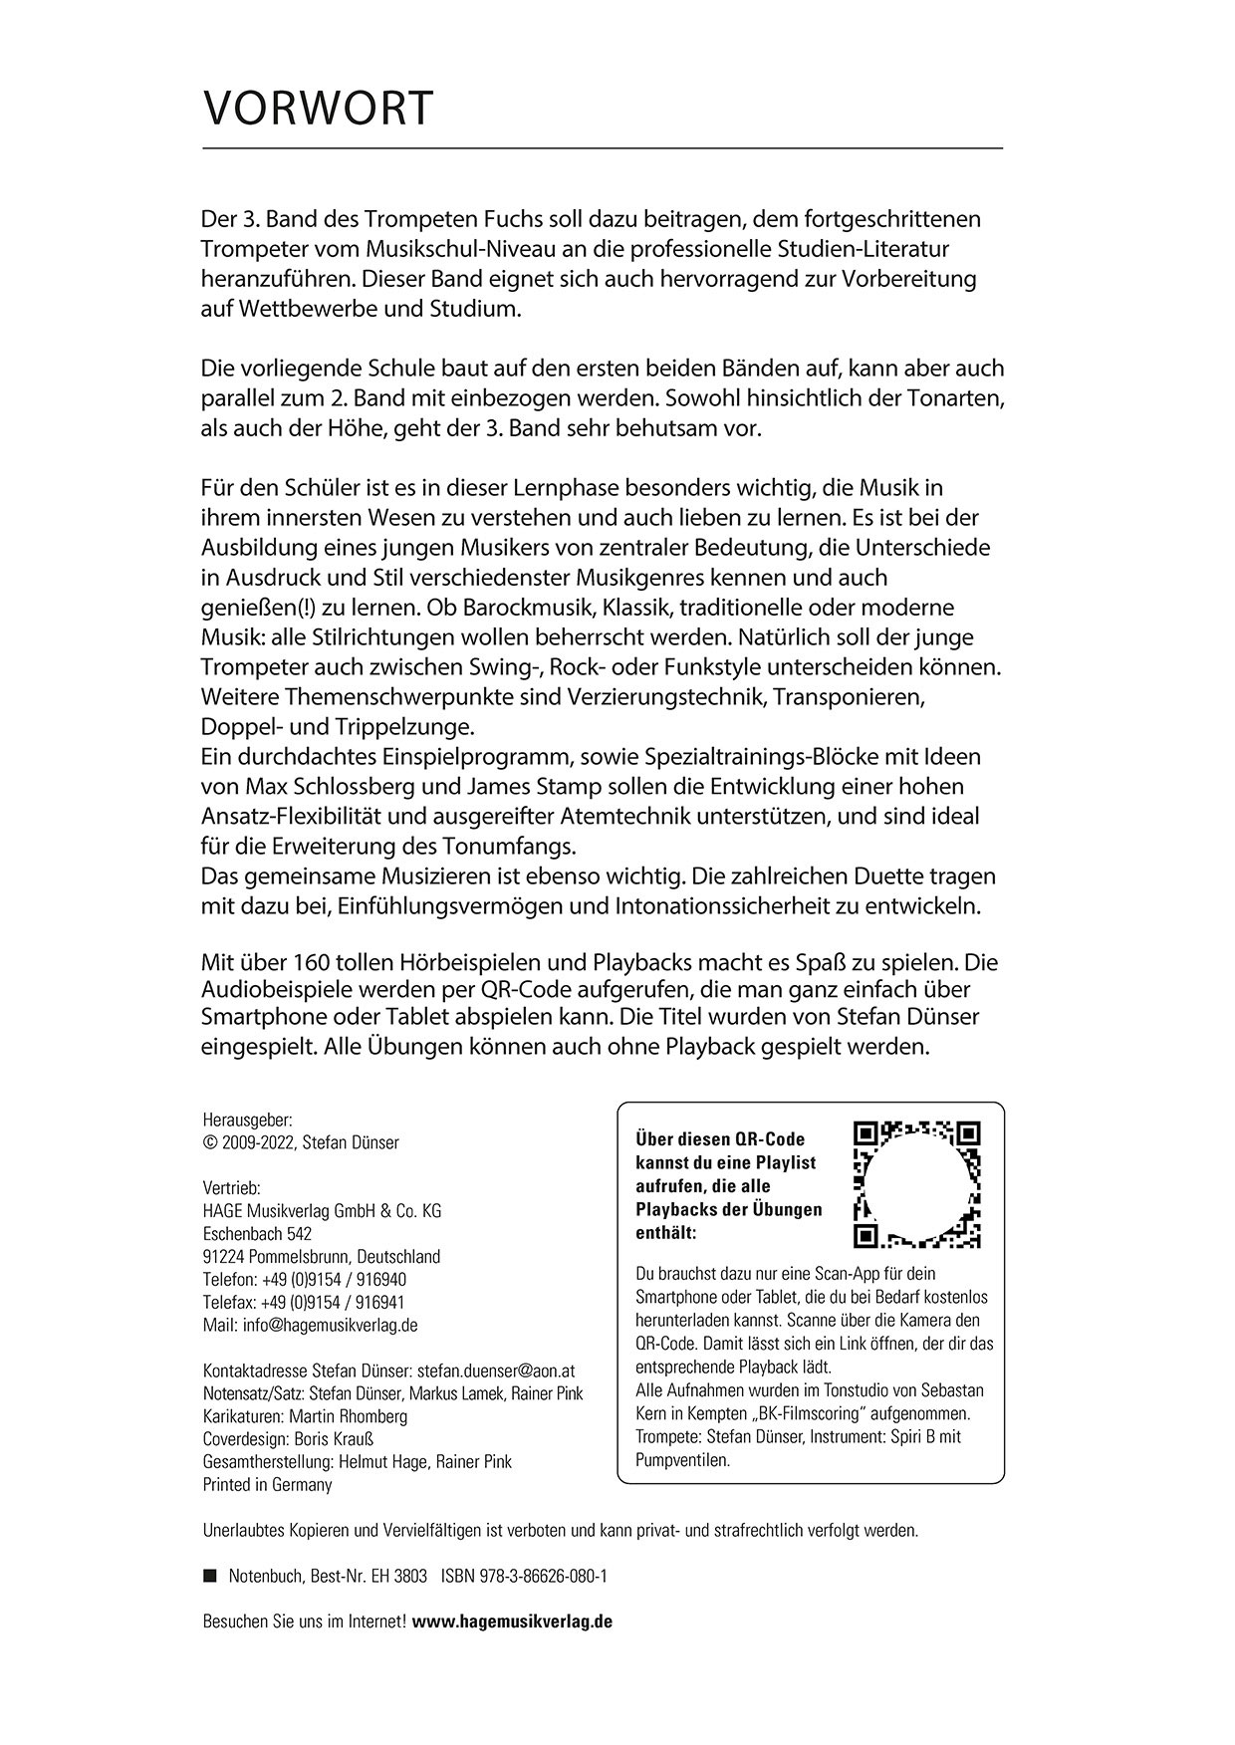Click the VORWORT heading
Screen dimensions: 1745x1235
coord(318,108)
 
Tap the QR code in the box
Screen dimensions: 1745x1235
coord(917,1184)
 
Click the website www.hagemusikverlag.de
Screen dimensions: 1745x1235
coord(512,1620)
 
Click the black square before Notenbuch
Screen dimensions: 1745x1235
coord(209,1576)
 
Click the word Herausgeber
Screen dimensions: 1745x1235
coord(247,1120)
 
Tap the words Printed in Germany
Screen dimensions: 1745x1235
coord(267,1484)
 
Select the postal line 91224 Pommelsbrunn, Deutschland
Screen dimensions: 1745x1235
coord(321,1256)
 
